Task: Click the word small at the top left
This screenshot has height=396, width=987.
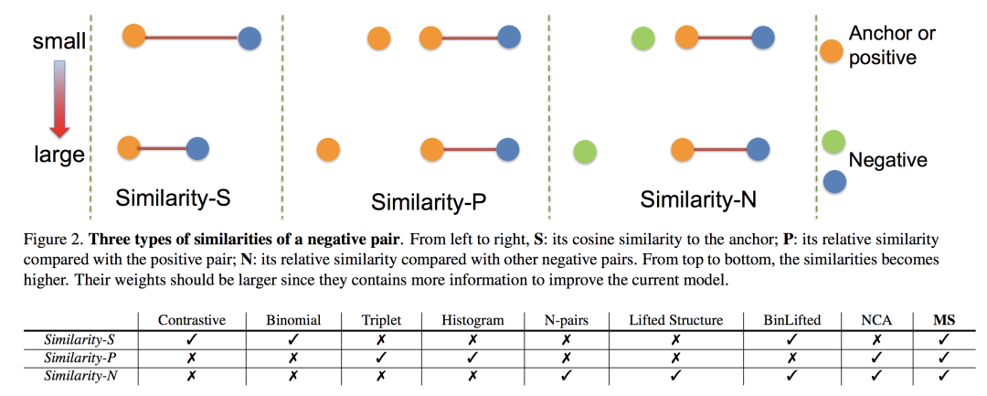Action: point(60,41)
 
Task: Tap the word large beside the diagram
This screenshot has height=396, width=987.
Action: point(59,155)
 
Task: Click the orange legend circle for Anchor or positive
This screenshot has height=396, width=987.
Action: point(832,51)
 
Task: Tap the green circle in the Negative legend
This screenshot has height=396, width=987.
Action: point(832,142)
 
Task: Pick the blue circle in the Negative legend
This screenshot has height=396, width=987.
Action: point(833,179)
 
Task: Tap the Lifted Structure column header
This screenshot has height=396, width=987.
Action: point(675,321)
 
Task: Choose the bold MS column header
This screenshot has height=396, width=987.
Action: point(943,321)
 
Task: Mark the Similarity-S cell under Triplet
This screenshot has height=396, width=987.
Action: point(376,339)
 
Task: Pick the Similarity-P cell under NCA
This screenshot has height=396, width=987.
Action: point(876,357)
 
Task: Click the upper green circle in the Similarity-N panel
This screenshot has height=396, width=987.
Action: point(643,39)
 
